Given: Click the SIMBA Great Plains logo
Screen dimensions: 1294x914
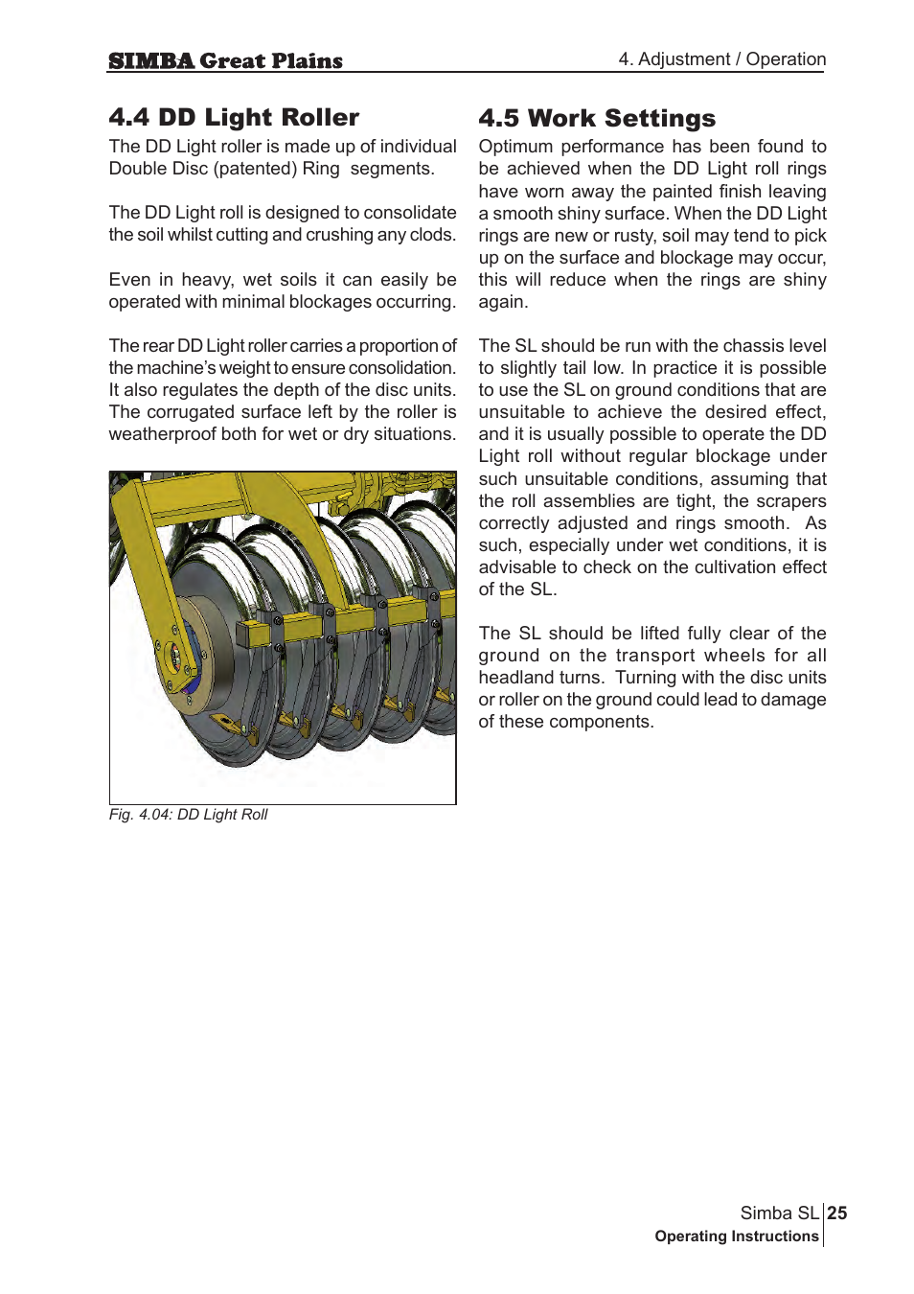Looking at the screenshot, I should tap(225, 60).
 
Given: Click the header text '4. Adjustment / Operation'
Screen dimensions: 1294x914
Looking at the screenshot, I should tap(721, 58).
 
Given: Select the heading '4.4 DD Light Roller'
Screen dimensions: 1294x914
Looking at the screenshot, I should tap(234, 117).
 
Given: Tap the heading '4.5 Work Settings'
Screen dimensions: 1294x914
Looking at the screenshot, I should tap(597, 118).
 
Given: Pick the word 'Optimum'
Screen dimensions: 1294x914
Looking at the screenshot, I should tap(515, 147).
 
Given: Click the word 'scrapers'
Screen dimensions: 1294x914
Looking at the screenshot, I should tap(790, 501).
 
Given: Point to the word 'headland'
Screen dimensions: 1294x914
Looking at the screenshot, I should tap(513, 678).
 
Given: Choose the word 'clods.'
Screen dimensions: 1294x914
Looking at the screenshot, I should tap(432, 235).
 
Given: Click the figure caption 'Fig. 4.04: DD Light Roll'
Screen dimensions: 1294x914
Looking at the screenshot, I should tap(188, 814).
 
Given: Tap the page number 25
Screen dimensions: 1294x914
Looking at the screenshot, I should tap(837, 1213).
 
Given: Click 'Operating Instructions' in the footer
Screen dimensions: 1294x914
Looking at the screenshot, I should tap(736, 1236).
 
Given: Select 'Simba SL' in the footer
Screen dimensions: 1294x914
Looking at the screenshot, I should tap(779, 1213).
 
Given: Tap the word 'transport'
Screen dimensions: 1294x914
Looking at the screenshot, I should tap(655, 656).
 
